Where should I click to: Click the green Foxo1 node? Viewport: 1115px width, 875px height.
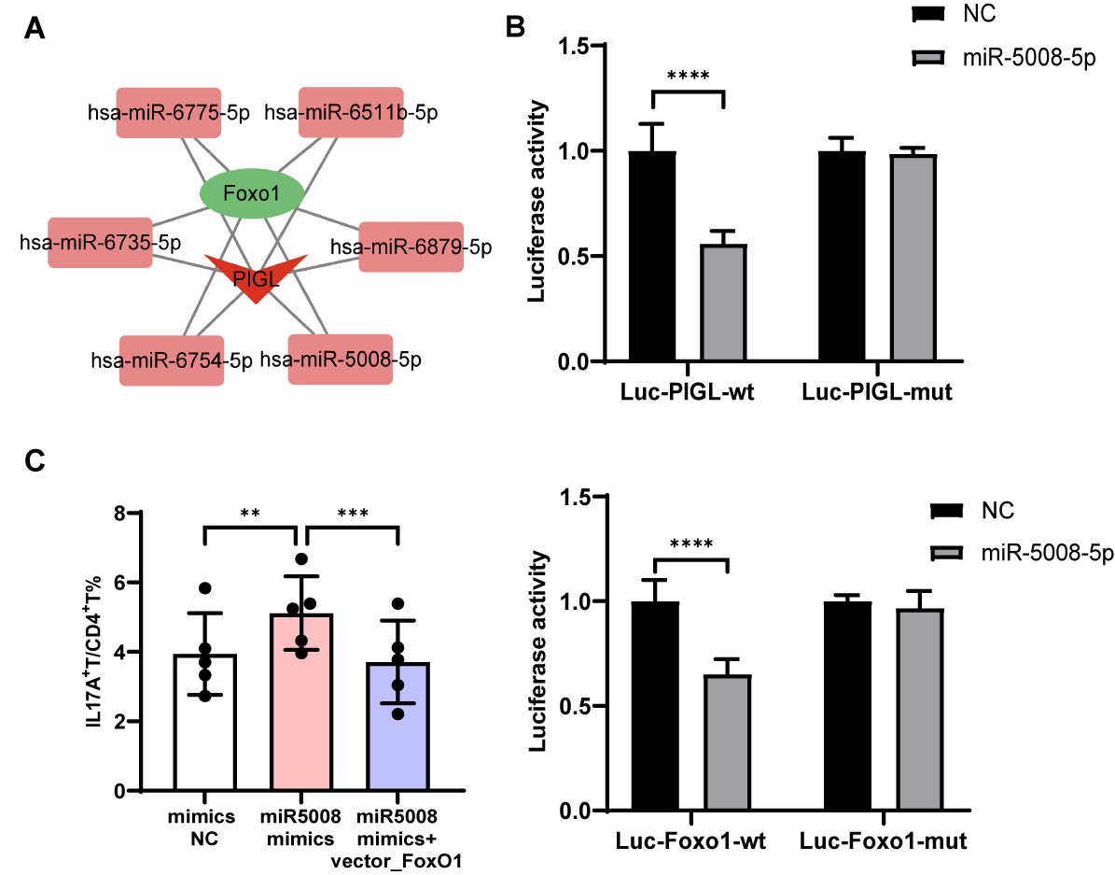click(x=252, y=194)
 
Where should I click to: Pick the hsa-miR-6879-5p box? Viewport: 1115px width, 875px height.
click(x=411, y=247)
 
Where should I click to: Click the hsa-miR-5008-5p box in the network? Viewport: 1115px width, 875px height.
click(x=340, y=359)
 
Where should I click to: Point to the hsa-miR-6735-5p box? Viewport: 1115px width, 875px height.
click(x=100, y=243)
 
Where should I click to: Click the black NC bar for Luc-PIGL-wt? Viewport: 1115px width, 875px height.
click(x=651, y=256)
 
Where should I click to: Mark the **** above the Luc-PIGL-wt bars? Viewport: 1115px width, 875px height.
click(x=688, y=75)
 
